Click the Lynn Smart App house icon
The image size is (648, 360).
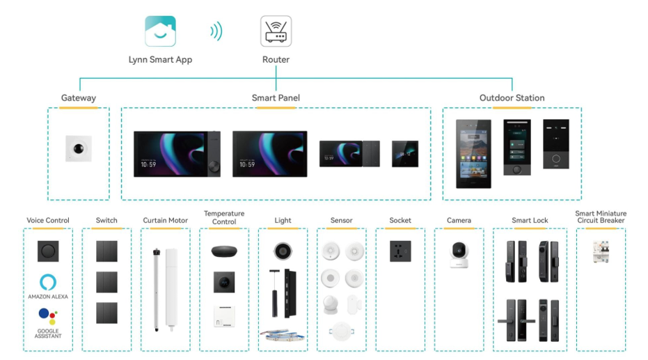pyautogui.click(x=160, y=31)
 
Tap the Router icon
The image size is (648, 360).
pyautogui.click(x=276, y=31)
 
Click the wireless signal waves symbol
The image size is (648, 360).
pyautogui.click(x=217, y=31)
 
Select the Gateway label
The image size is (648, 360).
pyautogui.click(x=79, y=98)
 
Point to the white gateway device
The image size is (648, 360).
pyautogui.click(x=79, y=148)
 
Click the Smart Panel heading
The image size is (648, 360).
pyautogui.click(x=276, y=98)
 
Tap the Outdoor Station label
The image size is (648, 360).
pyautogui.click(x=512, y=98)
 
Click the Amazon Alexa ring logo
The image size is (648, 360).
pyautogui.click(x=47, y=282)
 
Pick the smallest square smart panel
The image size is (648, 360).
pyautogui.click(x=405, y=154)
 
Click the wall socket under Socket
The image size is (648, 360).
pyautogui.click(x=400, y=251)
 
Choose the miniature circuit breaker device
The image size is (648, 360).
pyautogui.click(x=600, y=251)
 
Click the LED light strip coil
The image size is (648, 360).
pyautogui.click(x=283, y=336)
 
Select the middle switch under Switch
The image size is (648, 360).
pyautogui.click(x=106, y=282)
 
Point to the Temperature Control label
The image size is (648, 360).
pyautogui.click(x=224, y=217)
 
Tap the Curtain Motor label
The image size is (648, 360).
pyautogui.click(x=165, y=221)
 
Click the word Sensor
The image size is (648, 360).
pyautogui.click(x=341, y=221)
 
